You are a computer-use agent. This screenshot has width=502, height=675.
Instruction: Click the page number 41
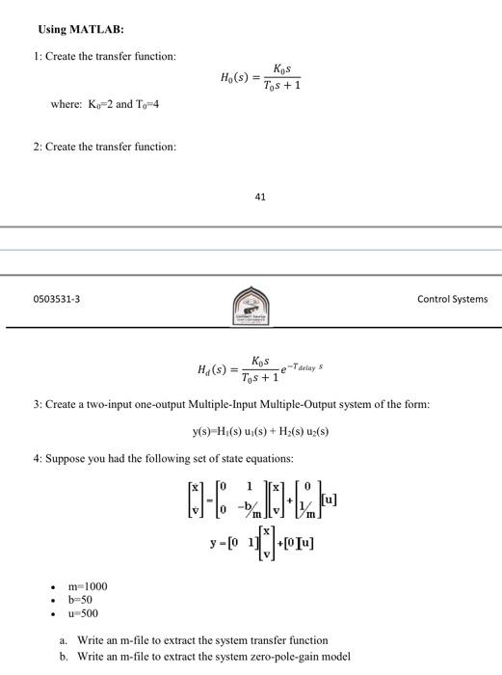[x=260, y=197]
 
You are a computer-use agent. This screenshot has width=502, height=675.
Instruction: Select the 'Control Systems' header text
[x=452, y=299]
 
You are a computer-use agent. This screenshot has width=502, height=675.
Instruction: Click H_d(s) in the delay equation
[x=214, y=368]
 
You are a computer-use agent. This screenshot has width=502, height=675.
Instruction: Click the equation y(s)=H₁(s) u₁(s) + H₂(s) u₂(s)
[x=259, y=432]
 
